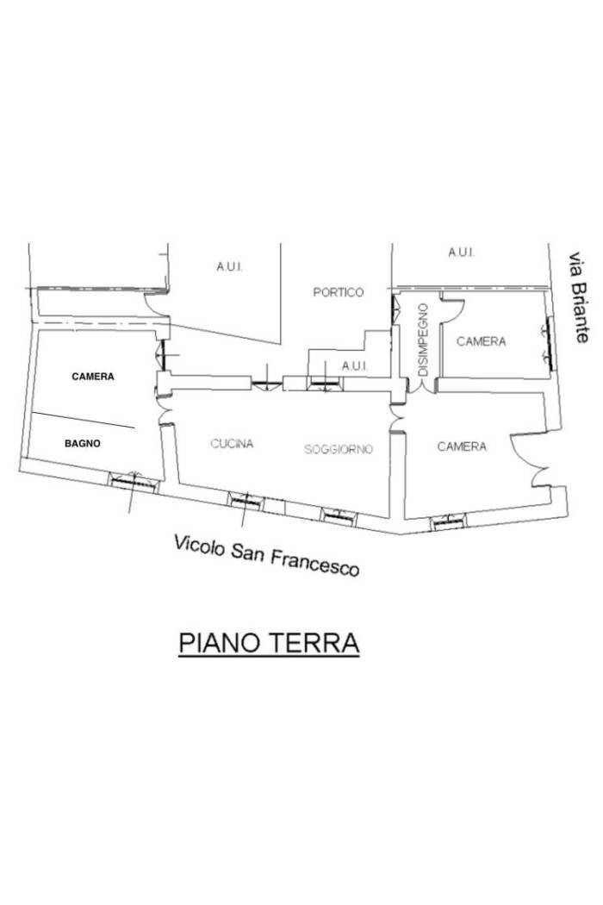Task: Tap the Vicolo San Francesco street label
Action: [x=266, y=554]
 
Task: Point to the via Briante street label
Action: [x=580, y=296]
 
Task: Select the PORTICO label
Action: [x=339, y=292]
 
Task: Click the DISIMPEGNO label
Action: [x=424, y=340]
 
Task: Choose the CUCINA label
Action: [x=232, y=443]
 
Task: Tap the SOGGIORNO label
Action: [x=339, y=448]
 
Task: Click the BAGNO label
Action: [x=82, y=443]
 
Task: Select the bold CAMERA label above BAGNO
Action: [x=93, y=377]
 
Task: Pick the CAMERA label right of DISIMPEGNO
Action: [x=482, y=341]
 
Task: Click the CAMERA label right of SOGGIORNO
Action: [x=462, y=446]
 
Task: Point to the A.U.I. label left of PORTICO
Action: [x=229, y=266]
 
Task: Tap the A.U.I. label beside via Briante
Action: [x=461, y=253]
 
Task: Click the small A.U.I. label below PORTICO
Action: [x=355, y=366]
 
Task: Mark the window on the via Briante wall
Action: [x=549, y=344]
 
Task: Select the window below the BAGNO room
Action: [x=134, y=481]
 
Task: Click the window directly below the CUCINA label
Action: [x=246, y=501]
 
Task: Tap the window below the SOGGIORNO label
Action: [x=339, y=516]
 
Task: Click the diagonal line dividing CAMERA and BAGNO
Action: [x=83, y=421]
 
